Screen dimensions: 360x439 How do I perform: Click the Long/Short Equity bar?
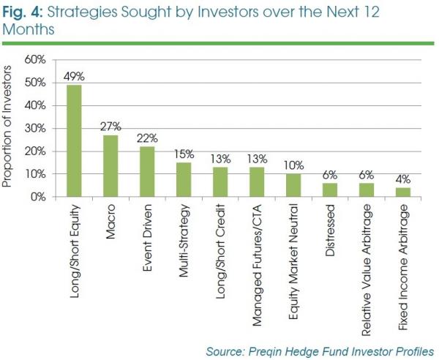pyautogui.click(x=74, y=141)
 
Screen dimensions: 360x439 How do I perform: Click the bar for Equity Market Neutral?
pyautogui.click(x=293, y=186)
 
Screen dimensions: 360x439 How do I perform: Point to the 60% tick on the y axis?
pyautogui.click(x=35, y=59)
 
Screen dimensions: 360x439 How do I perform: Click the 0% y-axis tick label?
pyautogui.click(x=38, y=197)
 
